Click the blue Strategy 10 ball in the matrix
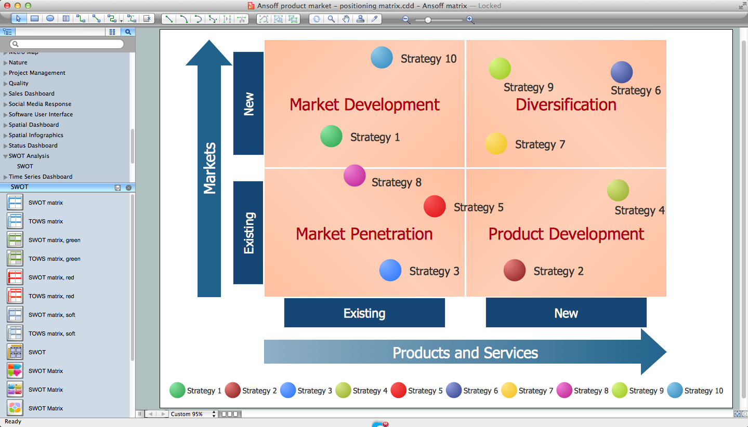tap(382, 58)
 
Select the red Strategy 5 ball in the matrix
tap(435, 206)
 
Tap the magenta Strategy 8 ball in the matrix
tap(355, 176)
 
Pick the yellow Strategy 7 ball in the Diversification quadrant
tap(496, 144)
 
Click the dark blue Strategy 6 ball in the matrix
tap(621, 72)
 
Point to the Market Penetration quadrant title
tap(364, 234)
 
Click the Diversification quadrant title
tap(566, 104)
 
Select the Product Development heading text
tap(566, 234)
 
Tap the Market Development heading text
tap(364, 104)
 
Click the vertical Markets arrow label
tap(209, 168)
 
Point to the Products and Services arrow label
tap(465, 353)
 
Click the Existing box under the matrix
tap(364, 313)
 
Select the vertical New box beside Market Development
tap(248, 103)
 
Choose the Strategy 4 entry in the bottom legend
tap(361, 391)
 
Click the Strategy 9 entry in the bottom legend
tap(638, 391)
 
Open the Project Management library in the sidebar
tap(37, 73)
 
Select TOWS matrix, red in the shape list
tap(51, 296)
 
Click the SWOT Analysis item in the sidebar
tap(29, 156)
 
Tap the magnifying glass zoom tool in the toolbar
tap(331, 19)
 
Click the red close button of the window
tap(7, 6)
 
